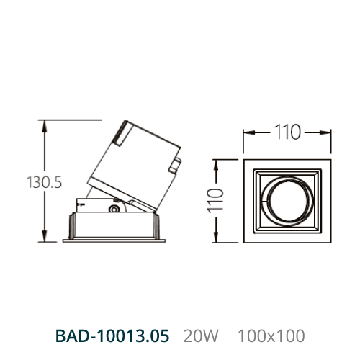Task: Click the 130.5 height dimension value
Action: tap(44, 182)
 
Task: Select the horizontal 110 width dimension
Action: tap(287, 132)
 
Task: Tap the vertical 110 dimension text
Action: tap(216, 201)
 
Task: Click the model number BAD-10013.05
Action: tap(112, 336)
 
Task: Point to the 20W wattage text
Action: tap(201, 336)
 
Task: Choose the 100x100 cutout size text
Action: tap(271, 336)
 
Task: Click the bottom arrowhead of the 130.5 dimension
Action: tap(44, 235)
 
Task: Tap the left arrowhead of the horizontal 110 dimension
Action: tap(249, 132)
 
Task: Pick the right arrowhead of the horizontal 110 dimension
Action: tap(325, 132)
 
